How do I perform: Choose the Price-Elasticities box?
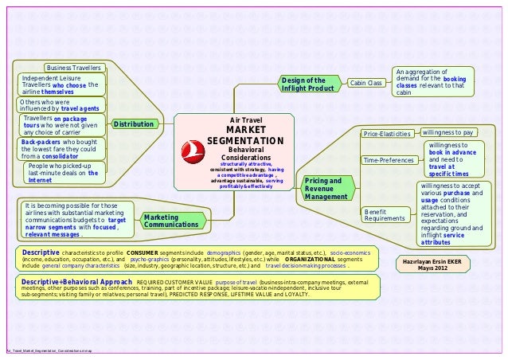click(x=386, y=133)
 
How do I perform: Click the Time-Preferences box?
click(x=388, y=161)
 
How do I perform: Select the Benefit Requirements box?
click(x=385, y=213)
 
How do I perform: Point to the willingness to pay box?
click(x=447, y=131)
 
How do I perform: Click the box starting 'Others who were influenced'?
click(x=59, y=105)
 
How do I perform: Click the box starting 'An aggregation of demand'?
click(x=431, y=83)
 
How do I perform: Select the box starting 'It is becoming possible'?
click(x=72, y=219)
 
